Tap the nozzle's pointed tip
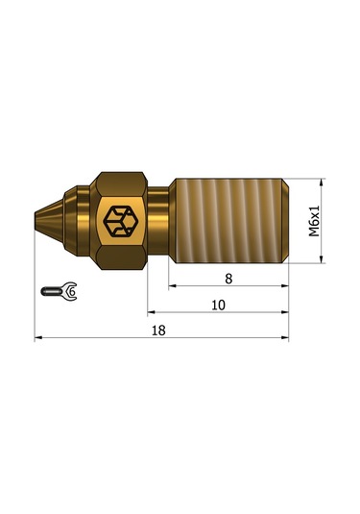click(x=36, y=220)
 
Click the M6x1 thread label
click(x=314, y=220)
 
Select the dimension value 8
click(x=228, y=277)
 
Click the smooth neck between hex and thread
click(x=159, y=220)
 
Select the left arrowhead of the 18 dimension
click(x=39, y=338)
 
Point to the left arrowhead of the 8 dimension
click(x=174, y=286)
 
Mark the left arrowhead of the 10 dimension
click(x=152, y=312)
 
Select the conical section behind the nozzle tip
click(x=53, y=220)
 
